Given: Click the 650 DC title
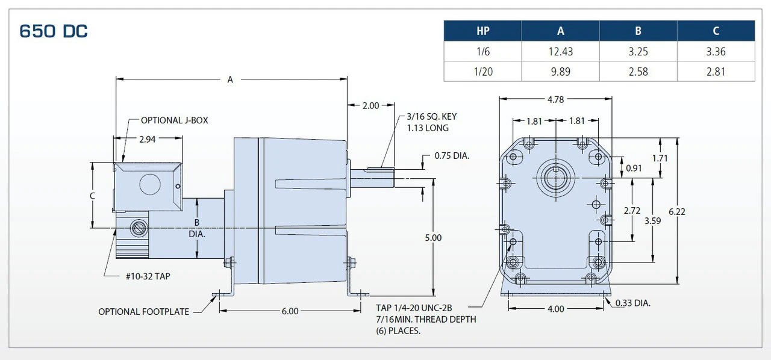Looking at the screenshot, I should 54,31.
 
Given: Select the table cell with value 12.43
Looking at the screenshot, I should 560,52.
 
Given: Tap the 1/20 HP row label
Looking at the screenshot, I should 482,72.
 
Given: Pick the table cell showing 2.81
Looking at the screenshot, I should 716,72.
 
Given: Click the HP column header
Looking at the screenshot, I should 482,31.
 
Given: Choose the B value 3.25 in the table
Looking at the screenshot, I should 638,52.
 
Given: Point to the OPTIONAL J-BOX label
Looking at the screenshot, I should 174,120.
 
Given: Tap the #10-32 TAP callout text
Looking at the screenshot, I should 147,276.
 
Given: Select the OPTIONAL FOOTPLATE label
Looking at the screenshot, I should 143,312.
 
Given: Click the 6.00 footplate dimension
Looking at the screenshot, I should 290,311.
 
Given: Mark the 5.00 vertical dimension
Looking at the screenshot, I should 432,238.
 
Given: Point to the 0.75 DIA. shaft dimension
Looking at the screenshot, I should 452,157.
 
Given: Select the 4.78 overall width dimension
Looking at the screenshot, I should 555,99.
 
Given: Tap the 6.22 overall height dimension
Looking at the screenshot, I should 677,211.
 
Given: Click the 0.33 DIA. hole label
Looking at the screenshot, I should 632,303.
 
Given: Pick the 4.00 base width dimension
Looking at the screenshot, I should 555,309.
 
